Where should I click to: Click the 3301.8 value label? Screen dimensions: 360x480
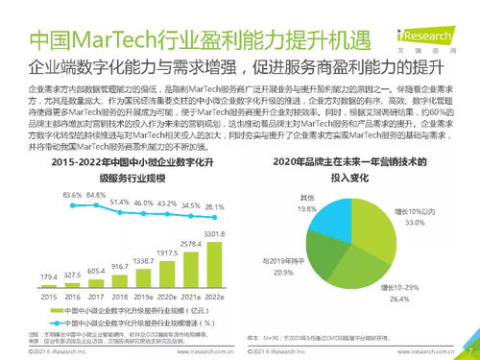click(x=214, y=233)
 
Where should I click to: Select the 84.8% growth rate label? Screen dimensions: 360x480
click(x=94, y=194)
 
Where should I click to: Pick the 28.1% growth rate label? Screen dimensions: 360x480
click(x=214, y=206)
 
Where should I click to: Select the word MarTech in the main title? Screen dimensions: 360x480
click(x=106, y=41)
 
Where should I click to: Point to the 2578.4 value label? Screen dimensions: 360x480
click(x=191, y=247)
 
